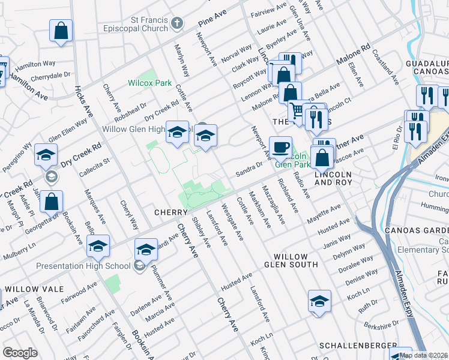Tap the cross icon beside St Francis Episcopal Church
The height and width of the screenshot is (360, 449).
click(x=177, y=23)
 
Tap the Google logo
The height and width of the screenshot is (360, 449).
click(x=20, y=353)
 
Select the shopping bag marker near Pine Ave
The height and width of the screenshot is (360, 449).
click(x=61, y=32)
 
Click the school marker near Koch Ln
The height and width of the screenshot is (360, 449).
click(x=320, y=302)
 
